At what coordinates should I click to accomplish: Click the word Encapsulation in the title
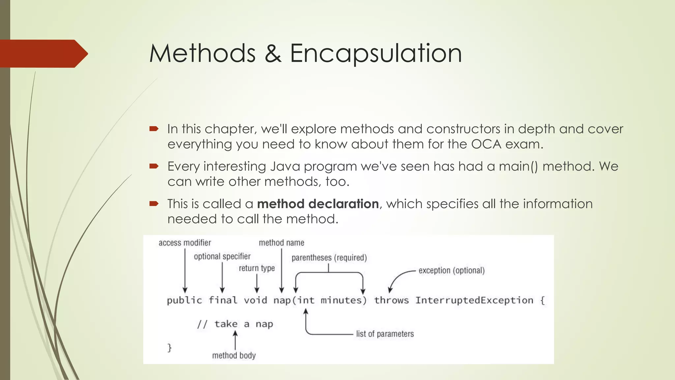coord(376,53)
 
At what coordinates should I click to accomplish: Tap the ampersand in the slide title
coord(273,53)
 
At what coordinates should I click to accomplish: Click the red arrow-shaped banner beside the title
coord(43,54)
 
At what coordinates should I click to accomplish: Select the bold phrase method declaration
coord(318,204)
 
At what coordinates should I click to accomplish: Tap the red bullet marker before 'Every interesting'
coord(154,166)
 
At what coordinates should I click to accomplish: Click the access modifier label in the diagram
coord(185,243)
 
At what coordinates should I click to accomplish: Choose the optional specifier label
coord(222,256)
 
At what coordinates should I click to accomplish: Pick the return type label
coord(257,268)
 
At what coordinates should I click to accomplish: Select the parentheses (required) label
coord(329,258)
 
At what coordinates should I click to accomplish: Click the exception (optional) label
coord(452,270)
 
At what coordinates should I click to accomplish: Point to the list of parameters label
coord(385,334)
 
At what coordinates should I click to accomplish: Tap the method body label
coord(234,355)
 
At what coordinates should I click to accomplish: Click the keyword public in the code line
coord(184,301)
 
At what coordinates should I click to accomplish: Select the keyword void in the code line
coord(255,301)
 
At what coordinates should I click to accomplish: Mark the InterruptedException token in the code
coord(474,301)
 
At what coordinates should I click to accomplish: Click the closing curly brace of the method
coord(169,348)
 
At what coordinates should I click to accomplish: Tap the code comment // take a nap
coord(235,324)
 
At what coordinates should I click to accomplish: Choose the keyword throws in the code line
coord(391,301)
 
